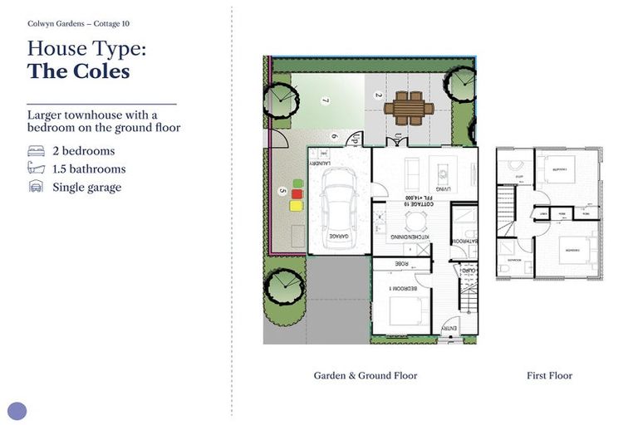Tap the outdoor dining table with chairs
point(409,107)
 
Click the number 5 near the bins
point(282,190)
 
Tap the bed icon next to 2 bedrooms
point(37,151)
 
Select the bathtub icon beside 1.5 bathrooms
point(37,169)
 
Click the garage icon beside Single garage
point(37,188)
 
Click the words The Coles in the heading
point(78,71)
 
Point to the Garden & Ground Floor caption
point(365,375)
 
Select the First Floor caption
point(549,375)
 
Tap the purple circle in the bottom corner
point(17,410)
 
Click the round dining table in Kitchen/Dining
point(413,220)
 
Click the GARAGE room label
point(338,237)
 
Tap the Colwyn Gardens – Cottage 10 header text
point(78,23)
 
